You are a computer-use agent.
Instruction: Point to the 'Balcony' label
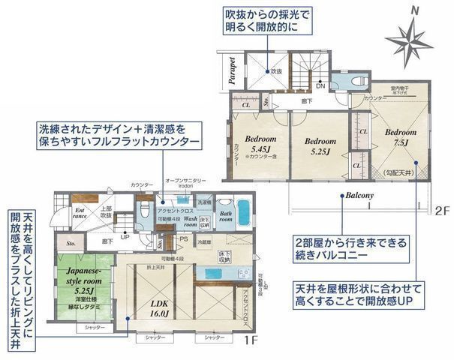[x=360, y=196]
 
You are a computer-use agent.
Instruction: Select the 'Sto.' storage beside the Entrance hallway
[x=71, y=244]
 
